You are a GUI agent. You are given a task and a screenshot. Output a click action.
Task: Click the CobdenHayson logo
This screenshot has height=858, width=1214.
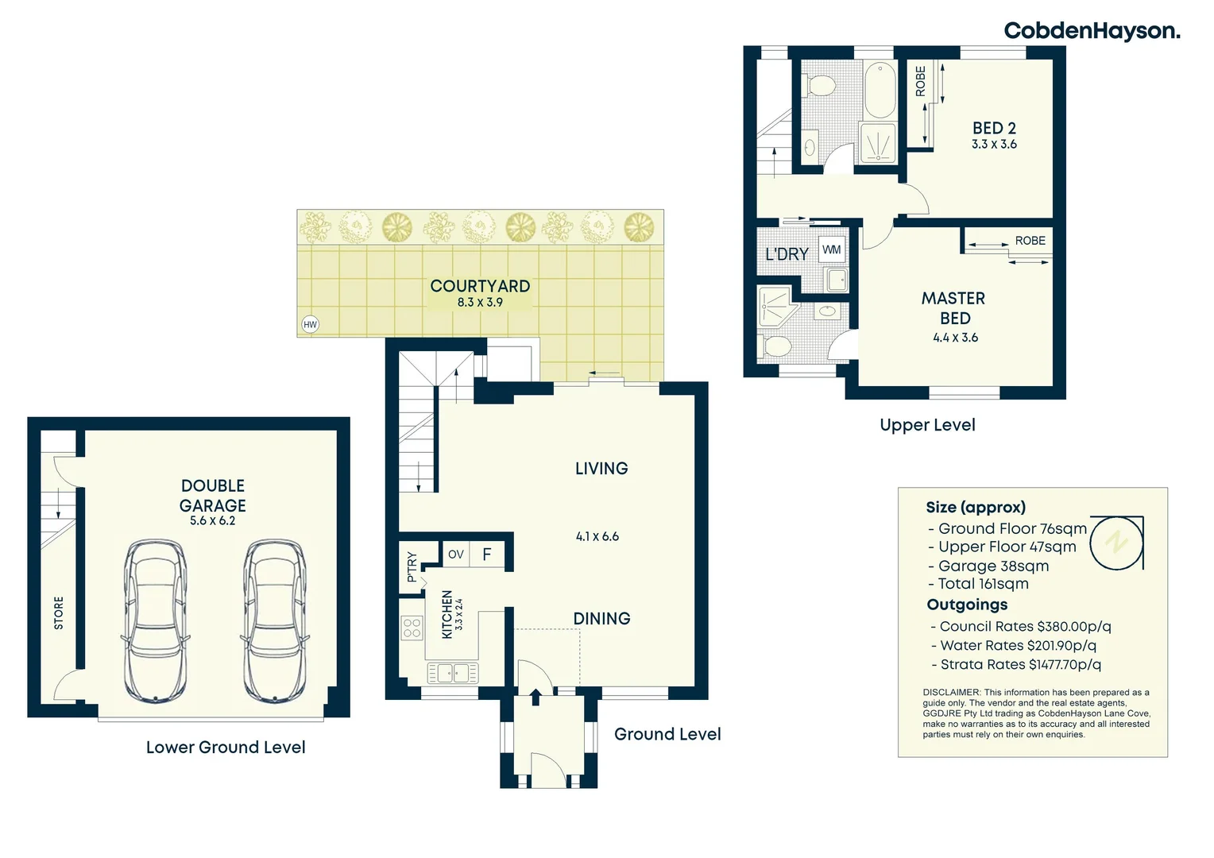pyautogui.click(x=1092, y=31)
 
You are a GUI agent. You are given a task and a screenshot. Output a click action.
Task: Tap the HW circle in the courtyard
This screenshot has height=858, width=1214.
pyautogui.click(x=310, y=325)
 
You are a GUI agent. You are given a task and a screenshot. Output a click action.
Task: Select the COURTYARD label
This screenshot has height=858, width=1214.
pyautogui.click(x=480, y=286)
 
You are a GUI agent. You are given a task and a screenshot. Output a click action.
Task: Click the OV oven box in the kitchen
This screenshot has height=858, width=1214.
pyautogui.click(x=456, y=555)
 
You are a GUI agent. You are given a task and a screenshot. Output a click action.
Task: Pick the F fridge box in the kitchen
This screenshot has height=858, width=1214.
pyautogui.click(x=487, y=555)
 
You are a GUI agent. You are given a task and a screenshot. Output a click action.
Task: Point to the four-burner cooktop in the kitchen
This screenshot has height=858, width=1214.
pyautogui.click(x=412, y=628)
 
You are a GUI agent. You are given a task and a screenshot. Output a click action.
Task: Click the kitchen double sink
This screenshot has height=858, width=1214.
pyautogui.click(x=453, y=673)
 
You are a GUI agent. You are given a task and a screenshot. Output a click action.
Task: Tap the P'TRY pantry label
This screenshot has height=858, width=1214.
pyautogui.click(x=412, y=566)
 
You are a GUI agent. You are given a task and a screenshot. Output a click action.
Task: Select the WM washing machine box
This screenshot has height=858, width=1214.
pyautogui.click(x=831, y=250)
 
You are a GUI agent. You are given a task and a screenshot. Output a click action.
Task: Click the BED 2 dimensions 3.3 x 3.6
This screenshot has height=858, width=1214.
pyautogui.click(x=994, y=144)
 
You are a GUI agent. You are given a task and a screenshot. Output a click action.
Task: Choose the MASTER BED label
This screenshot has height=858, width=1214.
pyautogui.click(x=954, y=308)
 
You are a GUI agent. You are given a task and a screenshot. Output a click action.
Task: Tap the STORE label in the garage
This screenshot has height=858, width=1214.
pyautogui.click(x=59, y=613)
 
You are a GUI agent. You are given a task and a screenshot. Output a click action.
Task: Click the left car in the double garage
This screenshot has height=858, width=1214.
pyautogui.click(x=156, y=621)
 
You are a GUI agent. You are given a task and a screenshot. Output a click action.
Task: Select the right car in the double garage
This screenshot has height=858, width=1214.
pyautogui.click(x=275, y=621)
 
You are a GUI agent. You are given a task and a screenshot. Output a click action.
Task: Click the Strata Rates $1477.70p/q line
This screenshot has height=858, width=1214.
pyautogui.click(x=1016, y=664)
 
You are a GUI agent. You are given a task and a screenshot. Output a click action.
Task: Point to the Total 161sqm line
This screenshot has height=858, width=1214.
pyautogui.click(x=979, y=584)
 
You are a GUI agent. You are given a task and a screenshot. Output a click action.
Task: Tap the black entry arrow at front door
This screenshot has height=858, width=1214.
pyautogui.click(x=535, y=697)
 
